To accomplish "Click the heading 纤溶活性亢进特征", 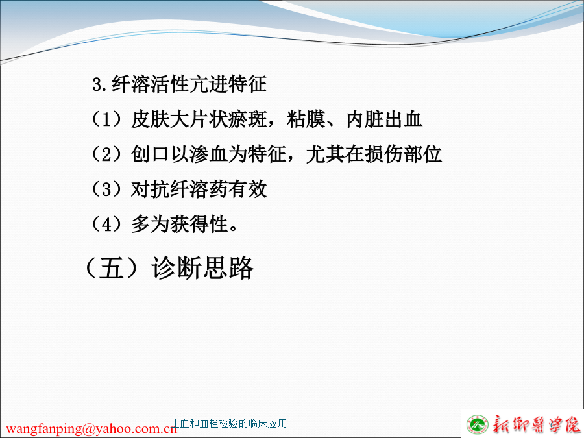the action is tap(189, 84).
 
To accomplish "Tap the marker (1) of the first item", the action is tap(107, 119).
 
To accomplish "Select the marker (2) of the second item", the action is tap(107, 154).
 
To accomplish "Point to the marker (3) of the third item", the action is tap(107, 189).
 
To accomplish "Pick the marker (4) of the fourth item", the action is tap(107, 224).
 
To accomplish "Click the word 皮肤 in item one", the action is tap(150, 119).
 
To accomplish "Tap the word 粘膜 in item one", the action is tap(306, 119).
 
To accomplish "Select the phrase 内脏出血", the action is tap(384, 119).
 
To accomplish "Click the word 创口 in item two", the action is tap(150, 154).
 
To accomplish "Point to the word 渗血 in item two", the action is tap(208, 154).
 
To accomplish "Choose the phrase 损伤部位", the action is tap(404, 154).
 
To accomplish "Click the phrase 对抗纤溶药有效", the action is tap(199, 189).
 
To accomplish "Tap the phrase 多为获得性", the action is tap(180, 224).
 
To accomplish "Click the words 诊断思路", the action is tap(202, 267).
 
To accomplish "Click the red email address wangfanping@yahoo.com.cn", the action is tap(91, 428).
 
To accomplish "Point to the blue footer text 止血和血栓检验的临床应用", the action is tap(229, 424).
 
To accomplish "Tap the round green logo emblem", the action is tap(478, 425).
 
